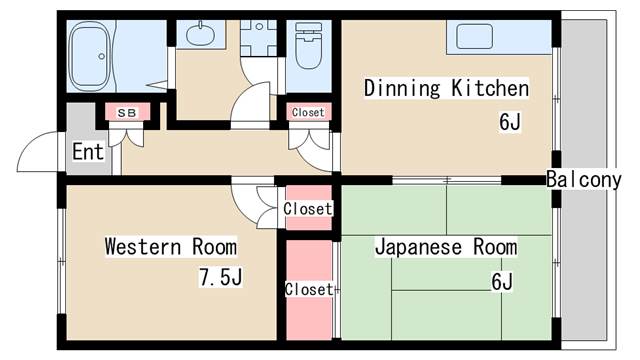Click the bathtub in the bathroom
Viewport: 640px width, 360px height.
91,56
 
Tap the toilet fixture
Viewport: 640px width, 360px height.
309,45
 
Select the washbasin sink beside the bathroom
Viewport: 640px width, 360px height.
200,34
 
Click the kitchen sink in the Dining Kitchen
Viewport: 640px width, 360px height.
474,36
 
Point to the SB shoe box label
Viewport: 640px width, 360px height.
127,113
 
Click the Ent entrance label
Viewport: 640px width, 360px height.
88,151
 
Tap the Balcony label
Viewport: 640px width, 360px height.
584,180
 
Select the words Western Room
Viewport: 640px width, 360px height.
171,247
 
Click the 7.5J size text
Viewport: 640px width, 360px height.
220,277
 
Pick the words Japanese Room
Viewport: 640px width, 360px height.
447,247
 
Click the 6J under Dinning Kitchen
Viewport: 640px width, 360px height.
510,121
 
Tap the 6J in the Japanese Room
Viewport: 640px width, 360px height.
502,281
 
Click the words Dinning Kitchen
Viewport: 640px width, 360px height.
447,88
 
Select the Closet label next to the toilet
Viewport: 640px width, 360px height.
308,112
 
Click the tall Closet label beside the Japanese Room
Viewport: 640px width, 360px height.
309,289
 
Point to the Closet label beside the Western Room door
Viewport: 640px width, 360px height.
308,209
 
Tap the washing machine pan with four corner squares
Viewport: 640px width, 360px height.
259,38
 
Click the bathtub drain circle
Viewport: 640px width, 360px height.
102,56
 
